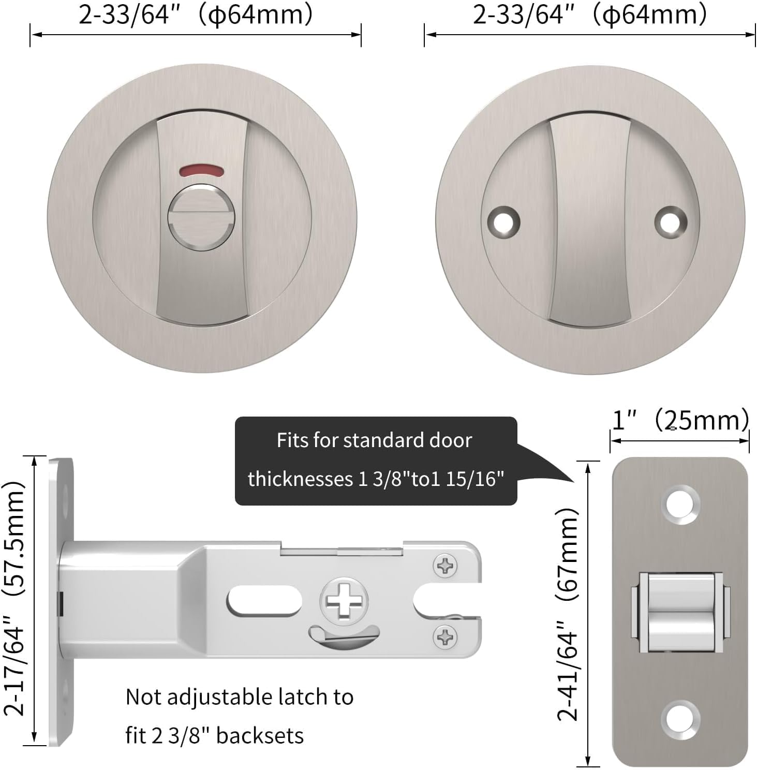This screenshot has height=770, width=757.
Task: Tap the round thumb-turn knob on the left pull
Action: (x=201, y=218)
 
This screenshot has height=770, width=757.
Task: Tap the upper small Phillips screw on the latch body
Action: (x=445, y=566)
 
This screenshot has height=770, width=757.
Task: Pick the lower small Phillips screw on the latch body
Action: (x=445, y=636)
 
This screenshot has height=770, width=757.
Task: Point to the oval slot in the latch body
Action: (x=264, y=602)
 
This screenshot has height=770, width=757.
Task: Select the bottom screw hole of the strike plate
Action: (x=680, y=719)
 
